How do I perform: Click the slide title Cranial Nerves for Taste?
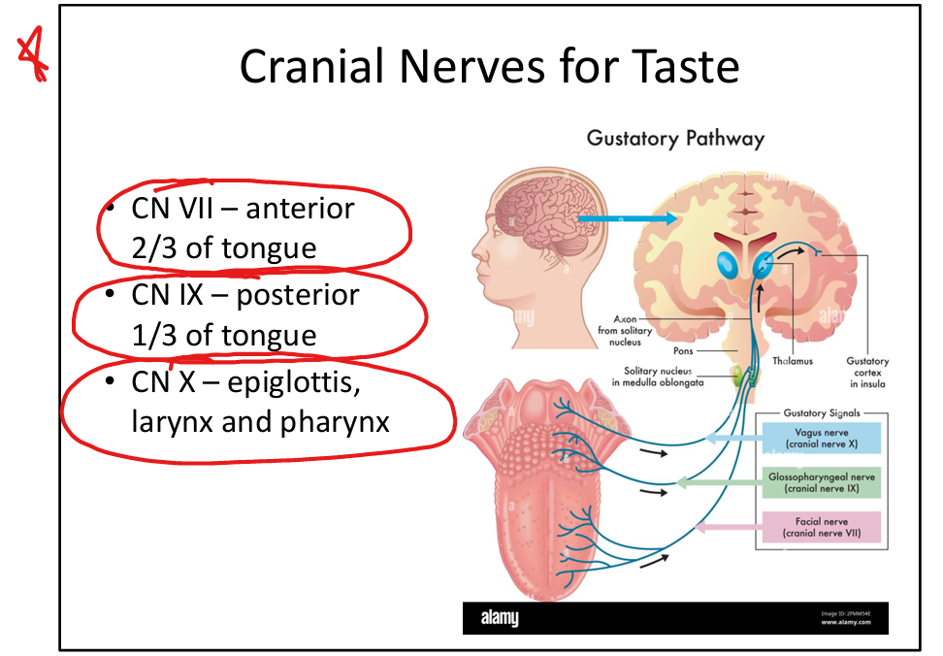pos(489,67)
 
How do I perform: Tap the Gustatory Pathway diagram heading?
pos(675,138)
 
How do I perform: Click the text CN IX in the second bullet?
pos(158,294)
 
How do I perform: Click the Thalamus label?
pos(793,361)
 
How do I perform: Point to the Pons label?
pos(683,352)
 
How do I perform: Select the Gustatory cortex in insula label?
pos(866,372)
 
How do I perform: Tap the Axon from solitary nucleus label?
pos(625,330)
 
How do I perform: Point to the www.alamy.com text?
pos(845,623)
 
